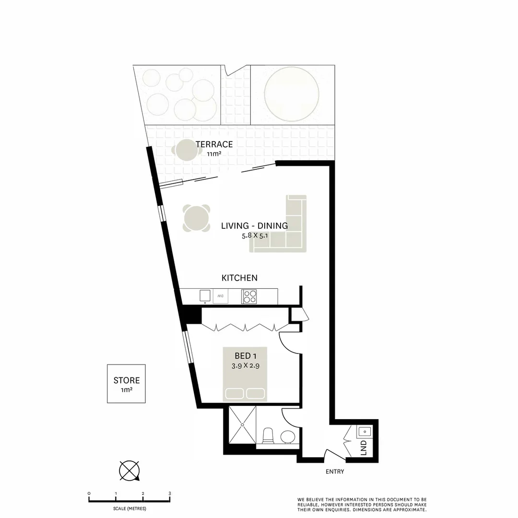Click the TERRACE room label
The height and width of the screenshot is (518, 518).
click(214, 144)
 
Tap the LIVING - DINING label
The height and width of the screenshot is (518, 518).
click(254, 226)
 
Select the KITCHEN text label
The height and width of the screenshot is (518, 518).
click(239, 278)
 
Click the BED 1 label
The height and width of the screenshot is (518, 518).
click(246, 356)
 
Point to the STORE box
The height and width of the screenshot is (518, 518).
click(126, 384)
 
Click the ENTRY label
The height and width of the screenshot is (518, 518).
click(335, 471)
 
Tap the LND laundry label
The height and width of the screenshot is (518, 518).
click(363, 447)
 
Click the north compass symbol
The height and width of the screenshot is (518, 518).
click(129, 471)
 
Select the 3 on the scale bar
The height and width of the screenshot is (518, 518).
click(169, 493)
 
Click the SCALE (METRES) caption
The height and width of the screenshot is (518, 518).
click(129, 508)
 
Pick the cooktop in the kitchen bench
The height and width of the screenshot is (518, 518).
click(249, 296)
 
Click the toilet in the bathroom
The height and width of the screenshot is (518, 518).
click(268, 436)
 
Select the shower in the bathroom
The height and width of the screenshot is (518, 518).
click(242, 425)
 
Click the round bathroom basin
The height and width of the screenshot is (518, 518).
click(288, 437)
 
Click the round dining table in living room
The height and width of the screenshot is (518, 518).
click(197, 218)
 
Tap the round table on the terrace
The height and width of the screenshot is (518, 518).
click(186, 150)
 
